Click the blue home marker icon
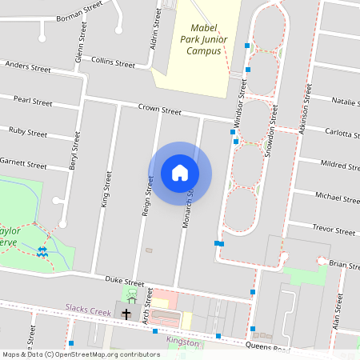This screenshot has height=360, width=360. pyautogui.click(x=180, y=173)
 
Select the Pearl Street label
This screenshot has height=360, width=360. pyautogui.click(x=33, y=102)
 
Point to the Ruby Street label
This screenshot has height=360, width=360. pyautogui.click(x=28, y=130)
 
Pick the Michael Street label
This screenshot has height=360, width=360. pyautogui.click(x=337, y=196)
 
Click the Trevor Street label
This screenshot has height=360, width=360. pyautogui.click(x=334, y=229)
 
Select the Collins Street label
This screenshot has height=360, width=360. pyautogui.click(x=113, y=61)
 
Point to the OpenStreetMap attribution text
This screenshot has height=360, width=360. pyautogui.click(x=81, y=354)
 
